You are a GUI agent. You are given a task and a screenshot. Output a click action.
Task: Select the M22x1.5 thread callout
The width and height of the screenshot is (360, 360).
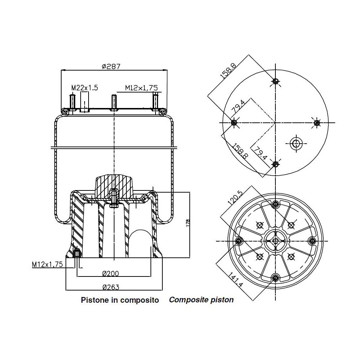click(x=85, y=87)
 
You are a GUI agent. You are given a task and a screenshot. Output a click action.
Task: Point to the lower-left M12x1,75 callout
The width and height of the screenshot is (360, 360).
click(x=47, y=264)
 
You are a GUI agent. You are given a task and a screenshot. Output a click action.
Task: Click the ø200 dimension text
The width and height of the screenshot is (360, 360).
click(x=110, y=274)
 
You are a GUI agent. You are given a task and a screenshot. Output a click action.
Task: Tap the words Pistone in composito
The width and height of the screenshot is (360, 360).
click(x=120, y=300)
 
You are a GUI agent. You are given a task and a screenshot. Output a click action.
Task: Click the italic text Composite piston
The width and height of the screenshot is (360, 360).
click(x=201, y=300)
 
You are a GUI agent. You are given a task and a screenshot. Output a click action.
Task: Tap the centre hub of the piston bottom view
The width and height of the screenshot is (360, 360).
click(x=276, y=241)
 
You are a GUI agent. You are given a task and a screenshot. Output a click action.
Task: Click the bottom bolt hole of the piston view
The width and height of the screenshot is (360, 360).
click(x=276, y=278)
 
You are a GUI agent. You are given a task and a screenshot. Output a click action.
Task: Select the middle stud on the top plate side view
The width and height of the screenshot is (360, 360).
click(x=114, y=102)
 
